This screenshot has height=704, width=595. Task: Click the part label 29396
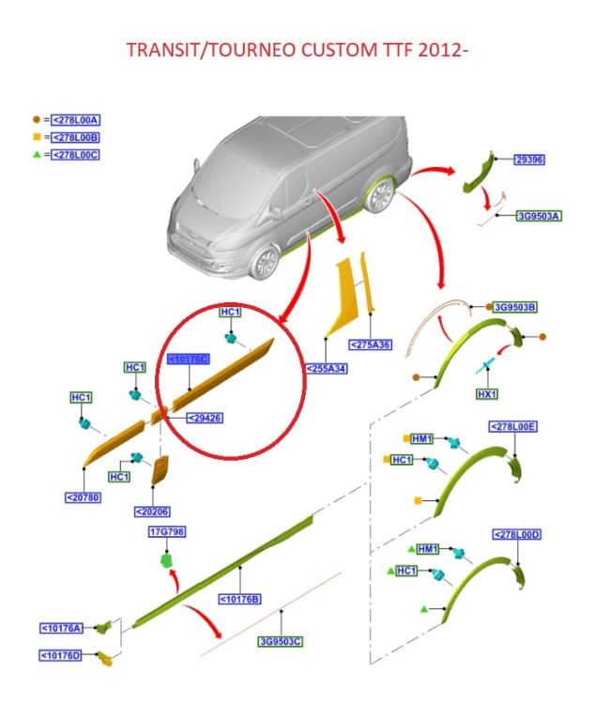click(528, 160)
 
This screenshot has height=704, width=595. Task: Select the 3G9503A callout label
click(539, 216)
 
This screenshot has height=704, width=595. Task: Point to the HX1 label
click(487, 394)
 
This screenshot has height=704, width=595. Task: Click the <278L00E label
click(513, 426)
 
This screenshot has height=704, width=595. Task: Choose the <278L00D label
click(517, 535)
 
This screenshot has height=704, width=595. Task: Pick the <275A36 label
click(370, 344)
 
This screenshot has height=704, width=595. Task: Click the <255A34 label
click(327, 369)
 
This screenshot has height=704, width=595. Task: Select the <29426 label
click(205, 418)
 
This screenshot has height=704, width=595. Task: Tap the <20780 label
click(84, 497)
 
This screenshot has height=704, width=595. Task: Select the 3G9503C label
click(281, 641)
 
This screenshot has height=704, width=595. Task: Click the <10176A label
click(61, 628)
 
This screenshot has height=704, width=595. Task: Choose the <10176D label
click(61, 654)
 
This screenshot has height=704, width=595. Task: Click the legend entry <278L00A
click(76, 119)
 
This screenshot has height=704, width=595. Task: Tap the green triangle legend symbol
click(37, 154)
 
